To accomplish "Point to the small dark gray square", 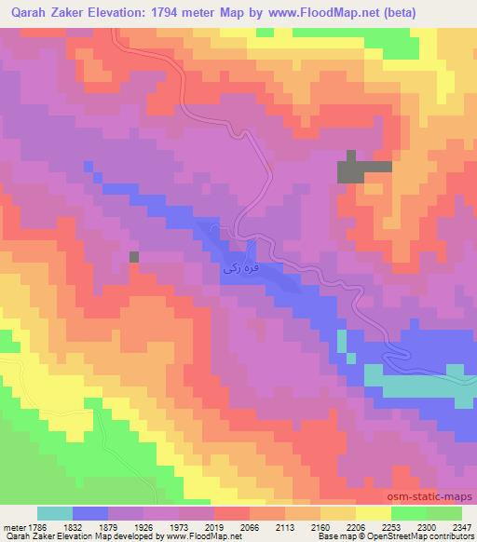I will tap(134, 256).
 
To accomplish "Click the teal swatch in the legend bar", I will tap(55, 513).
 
